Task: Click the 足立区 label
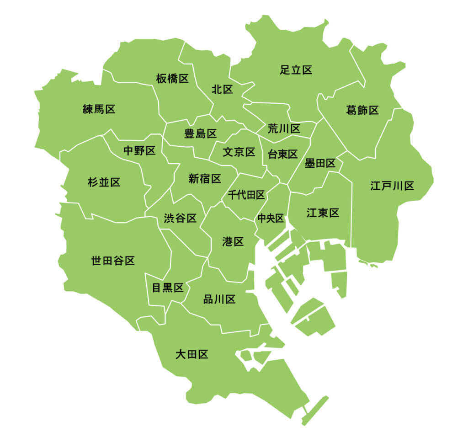pos(296,70)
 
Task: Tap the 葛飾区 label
pos(362,110)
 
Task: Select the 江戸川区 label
pos(392,186)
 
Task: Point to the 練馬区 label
pos(99,109)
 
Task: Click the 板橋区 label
pos(172,79)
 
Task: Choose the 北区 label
pos(222,90)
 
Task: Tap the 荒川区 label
pos(284,128)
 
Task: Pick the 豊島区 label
pos(200,134)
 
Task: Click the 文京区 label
pos(239,152)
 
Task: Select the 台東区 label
pos(282,155)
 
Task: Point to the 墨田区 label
pos(320,164)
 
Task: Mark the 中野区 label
pos(139,151)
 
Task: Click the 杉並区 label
pos(104,183)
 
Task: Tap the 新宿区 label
pos(205,179)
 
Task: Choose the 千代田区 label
pos(246,196)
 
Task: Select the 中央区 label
pos(271,218)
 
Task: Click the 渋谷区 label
pos(180,219)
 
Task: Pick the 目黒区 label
pos(167,288)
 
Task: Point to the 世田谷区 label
pos(113,261)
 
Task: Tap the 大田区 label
pos(192,354)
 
